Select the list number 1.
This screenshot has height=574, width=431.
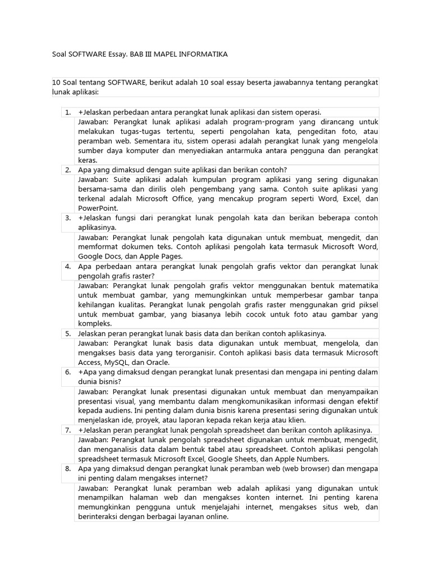coord(67,112)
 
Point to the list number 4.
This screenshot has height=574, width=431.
coord(67,266)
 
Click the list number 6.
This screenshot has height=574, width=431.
coord(67,372)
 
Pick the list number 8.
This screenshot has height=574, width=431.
coord(67,468)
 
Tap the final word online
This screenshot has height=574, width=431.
coord(216,516)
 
